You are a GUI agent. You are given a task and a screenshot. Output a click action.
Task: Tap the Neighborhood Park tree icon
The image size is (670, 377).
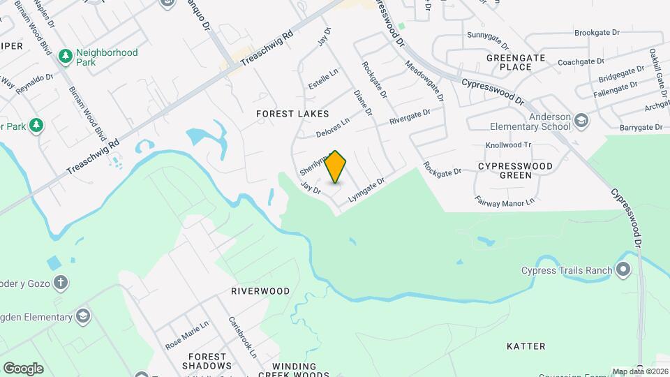pos(66,55)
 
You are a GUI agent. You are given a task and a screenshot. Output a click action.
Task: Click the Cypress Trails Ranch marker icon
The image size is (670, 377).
pos(623,270)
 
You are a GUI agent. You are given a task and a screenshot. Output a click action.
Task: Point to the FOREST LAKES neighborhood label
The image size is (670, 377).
pos(292,113)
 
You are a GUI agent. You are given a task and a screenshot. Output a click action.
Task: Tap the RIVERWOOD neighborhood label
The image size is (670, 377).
pos(260,290)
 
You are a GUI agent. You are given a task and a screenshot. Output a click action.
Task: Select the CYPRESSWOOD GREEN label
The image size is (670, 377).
pos(515,171)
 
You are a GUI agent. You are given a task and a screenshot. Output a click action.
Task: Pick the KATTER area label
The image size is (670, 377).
pos(526,346)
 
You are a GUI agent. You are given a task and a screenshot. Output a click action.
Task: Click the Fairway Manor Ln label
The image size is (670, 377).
pos(504,201)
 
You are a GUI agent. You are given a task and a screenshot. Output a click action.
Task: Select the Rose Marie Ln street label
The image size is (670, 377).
pos(186,335)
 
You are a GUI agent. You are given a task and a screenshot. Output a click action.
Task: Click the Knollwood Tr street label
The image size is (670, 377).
pos(508,145)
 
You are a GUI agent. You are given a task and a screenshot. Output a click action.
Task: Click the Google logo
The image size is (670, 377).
pos(23,368)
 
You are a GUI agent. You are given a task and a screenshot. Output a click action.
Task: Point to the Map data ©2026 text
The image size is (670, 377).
pos(640,371)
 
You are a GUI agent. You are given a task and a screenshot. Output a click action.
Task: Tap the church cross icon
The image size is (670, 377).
pos(61,283)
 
